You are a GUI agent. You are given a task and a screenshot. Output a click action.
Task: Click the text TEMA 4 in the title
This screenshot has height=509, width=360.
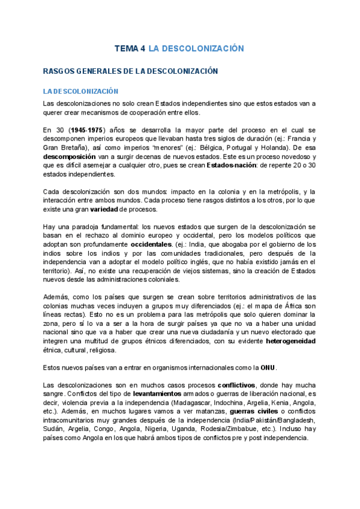pyautogui.click(x=130, y=48)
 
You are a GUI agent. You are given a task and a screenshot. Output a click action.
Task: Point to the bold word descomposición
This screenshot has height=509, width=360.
pyautogui.click(x=68, y=154)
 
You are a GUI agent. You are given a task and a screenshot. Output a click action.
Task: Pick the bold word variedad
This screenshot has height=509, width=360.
pyautogui.click(x=104, y=209)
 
